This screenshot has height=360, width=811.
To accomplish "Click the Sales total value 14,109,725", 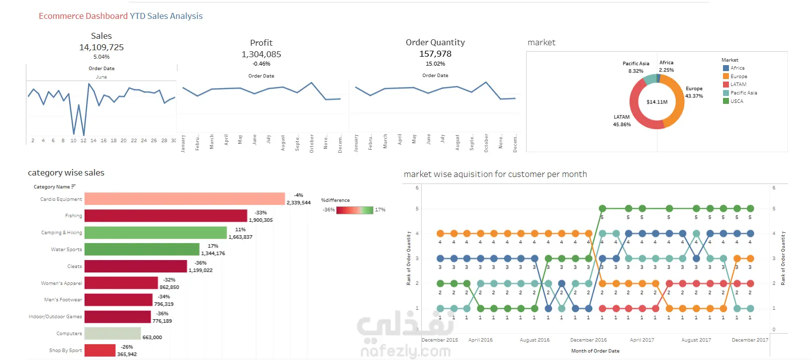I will point(101,47).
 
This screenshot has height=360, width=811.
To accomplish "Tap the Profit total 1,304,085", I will point(261,54).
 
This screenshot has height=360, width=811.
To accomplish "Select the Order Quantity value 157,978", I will point(435,54).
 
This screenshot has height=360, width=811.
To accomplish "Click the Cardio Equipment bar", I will point(184,199).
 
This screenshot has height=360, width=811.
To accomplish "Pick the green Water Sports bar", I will point(142,249).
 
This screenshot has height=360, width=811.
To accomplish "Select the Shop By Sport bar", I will point(100,351).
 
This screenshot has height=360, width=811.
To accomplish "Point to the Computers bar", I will point(112,333).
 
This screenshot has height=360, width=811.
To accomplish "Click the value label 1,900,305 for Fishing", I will point(261,220).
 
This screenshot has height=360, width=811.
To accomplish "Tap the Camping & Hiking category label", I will point(62,232).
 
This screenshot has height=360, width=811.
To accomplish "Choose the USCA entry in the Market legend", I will point(736,101).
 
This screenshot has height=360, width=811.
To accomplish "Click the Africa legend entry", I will point(737,68).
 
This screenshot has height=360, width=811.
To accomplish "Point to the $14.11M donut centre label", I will point(657,102).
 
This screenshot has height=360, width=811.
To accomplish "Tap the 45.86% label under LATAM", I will point(622,124).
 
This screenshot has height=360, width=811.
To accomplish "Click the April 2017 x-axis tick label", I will point(642,340).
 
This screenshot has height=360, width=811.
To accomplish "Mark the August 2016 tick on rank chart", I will point(535,340).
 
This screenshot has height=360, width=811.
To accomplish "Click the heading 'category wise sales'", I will point(66,173).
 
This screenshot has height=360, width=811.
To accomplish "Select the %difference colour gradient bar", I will point(355,210).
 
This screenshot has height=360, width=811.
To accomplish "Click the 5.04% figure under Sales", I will point(101,57).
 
